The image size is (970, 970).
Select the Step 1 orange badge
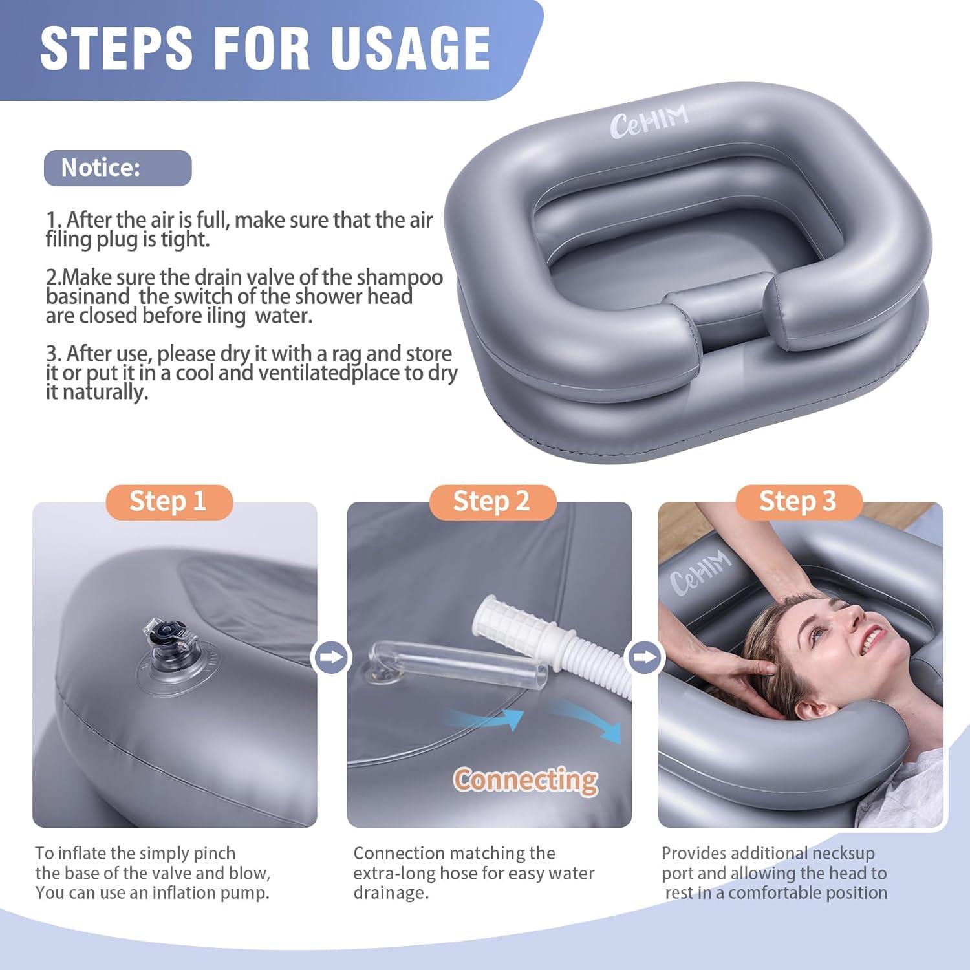coord(168,502)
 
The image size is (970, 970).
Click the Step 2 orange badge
coord(492,502)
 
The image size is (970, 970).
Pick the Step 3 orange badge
coord(798,502)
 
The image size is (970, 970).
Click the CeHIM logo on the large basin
coord(649,121)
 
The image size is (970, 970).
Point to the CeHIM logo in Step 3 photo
coord(700,572)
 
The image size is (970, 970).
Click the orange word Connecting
coord(525,780)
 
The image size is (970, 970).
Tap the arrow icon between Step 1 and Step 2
coord(332,658)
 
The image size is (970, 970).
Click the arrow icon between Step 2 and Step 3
coord(645,658)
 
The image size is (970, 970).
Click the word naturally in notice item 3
coord(103,393)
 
